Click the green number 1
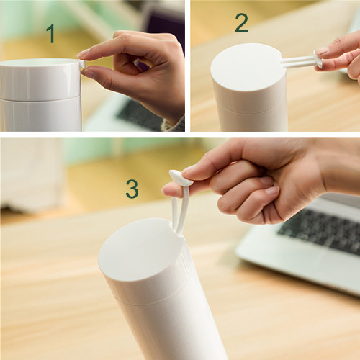point(51,34)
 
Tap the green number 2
point(241,23)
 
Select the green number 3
point(132,189)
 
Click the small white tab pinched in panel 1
point(82,64)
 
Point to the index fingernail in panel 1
point(84,53)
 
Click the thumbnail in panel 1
point(88,73)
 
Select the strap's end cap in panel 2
point(318,59)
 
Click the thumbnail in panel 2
point(322,51)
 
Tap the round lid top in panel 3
point(141,249)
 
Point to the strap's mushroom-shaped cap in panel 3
point(181,178)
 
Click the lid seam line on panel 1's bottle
point(40,98)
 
